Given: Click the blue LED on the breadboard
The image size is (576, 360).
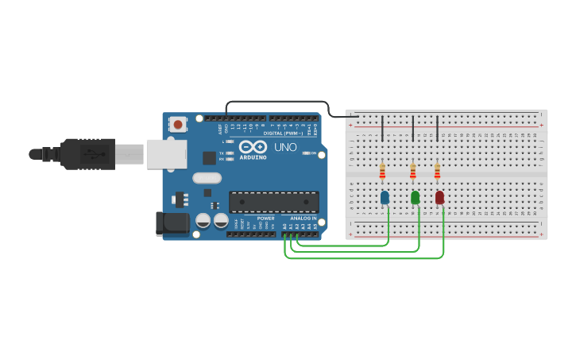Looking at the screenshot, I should click(x=385, y=197).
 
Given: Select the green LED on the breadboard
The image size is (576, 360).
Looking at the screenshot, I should click(x=415, y=197).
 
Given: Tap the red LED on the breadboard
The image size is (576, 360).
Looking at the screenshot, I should click(x=439, y=197).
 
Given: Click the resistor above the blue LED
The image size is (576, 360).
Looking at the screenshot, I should click(x=382, y=171).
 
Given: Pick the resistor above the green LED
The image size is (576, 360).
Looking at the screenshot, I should click(x=412, y=171).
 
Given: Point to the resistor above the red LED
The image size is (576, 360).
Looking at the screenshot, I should click(x=437, y=171).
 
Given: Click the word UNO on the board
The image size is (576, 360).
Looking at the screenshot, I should click(x=285, y=148).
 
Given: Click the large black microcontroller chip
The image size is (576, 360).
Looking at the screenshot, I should click(x=273, y=202).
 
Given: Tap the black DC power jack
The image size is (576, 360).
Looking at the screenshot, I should click(x=172, y=223).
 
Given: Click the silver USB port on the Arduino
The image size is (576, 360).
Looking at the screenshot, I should click(x=166, y=154).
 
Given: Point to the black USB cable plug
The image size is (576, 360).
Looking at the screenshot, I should click(x=87, y=153).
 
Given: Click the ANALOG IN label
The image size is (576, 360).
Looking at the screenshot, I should click(x=302, y=218).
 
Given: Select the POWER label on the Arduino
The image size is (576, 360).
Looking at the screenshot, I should click(x=266, y=218).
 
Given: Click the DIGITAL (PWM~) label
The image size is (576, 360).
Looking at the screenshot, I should click(x=283, y=133).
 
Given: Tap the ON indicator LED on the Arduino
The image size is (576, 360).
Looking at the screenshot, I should click(x=307, y=153).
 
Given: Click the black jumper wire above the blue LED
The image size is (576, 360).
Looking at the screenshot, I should click(x=383, y=128).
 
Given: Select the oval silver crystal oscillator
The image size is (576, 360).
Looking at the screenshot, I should click(x=206, y=179).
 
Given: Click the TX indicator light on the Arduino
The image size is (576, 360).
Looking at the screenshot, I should click(x=230, y=153).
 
